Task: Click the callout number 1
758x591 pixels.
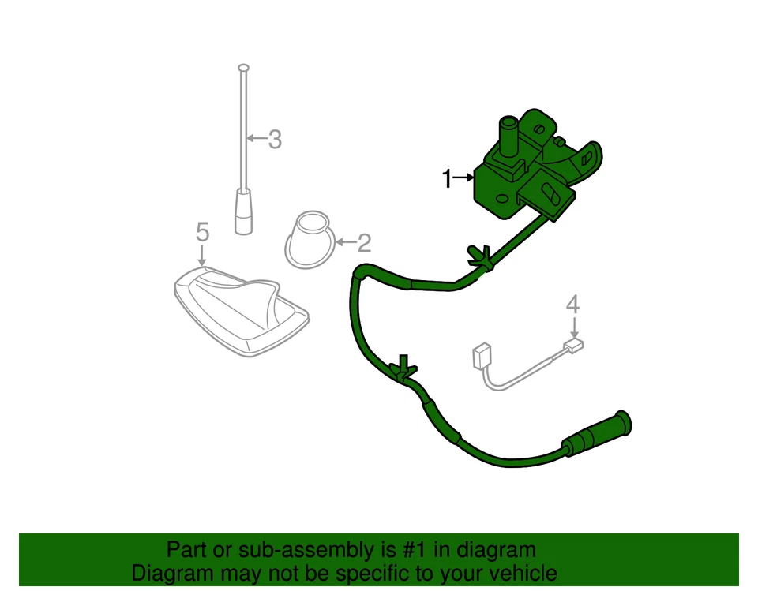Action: click(x=446, y=179)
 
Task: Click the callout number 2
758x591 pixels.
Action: click(x=364, y=242)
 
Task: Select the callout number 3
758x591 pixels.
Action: click(x=274, y=140)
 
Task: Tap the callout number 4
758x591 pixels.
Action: click(x=573, y=304)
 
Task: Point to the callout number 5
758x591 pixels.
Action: click(x=202, y=231)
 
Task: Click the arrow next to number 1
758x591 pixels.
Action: click(x=463, y=179)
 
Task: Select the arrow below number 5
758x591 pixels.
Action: click(x=202, y=254)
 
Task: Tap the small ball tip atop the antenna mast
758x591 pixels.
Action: click(x=244, y=67)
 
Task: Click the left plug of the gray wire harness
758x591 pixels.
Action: click(x=479, y=357)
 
